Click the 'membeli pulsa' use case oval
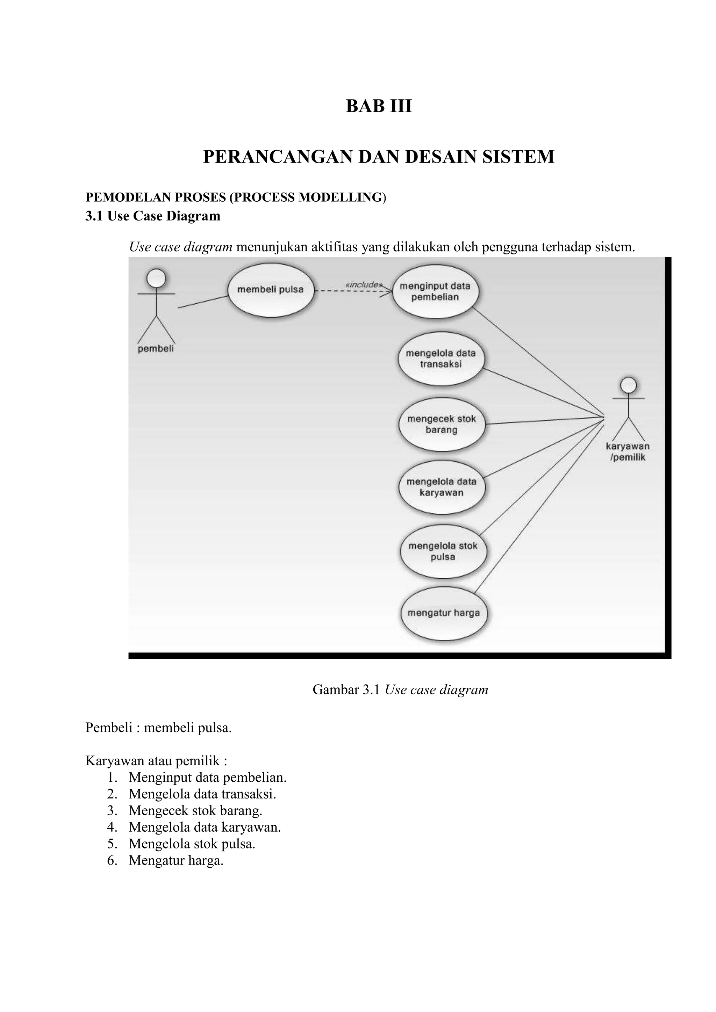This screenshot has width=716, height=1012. tap(271, 290)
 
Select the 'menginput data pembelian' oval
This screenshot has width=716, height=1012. tap(435, 291)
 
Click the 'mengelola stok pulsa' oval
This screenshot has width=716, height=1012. tap(443, 551)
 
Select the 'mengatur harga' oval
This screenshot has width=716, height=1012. tap(444, 613)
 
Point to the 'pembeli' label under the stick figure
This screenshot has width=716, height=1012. tap(156, 349)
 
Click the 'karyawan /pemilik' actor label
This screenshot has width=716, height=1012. tap(628, 452)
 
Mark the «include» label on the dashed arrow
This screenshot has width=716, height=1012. tap(363, 285)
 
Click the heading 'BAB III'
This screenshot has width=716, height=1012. tap(379, 106)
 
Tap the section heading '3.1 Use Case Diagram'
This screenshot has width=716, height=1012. tap(152, 216)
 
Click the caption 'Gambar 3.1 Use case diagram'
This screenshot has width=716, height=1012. tap(400, 689)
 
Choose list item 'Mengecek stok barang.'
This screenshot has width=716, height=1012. tap(195, 810)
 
